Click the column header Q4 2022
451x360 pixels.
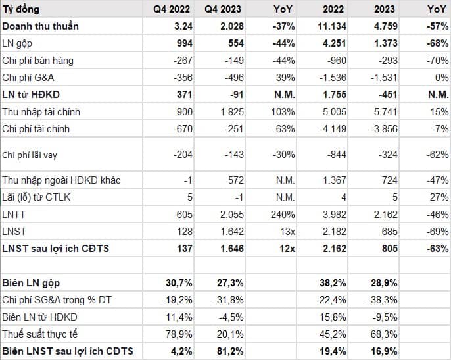coord(172,9)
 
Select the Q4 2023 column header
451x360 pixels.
coord(223,9)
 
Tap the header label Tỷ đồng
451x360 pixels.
coord(21,9)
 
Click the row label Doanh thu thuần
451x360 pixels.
coord(40,26)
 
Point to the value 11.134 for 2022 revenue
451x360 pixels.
coord(332,26)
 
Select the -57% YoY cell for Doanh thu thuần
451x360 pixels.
coord(437,26)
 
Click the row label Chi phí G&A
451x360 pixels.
coord(28,78)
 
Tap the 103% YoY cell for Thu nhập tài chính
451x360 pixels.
coord(283,112)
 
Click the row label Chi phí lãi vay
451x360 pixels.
coord(30,155)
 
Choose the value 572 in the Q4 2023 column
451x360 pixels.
coord(235,180)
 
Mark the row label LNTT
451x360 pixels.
coord(14,215)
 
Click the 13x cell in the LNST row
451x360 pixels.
coord(288,232)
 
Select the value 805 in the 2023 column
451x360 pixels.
coord(389,249)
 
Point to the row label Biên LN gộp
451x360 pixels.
coord(31,283)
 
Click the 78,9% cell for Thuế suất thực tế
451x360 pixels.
coord(179,334)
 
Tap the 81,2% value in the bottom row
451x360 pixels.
coord(230,351)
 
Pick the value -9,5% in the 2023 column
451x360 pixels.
coord(385,317)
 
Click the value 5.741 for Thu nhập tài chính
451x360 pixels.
coord(385,112)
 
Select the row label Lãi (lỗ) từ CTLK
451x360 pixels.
coord(36,197)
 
